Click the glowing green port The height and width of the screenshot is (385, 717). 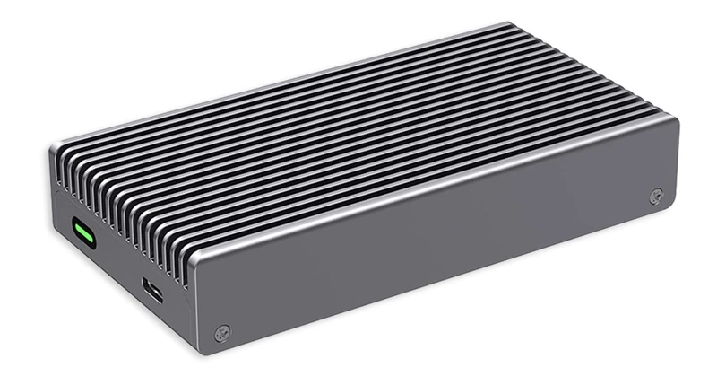point(86,235)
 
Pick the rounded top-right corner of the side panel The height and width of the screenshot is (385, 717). point(672,120)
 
